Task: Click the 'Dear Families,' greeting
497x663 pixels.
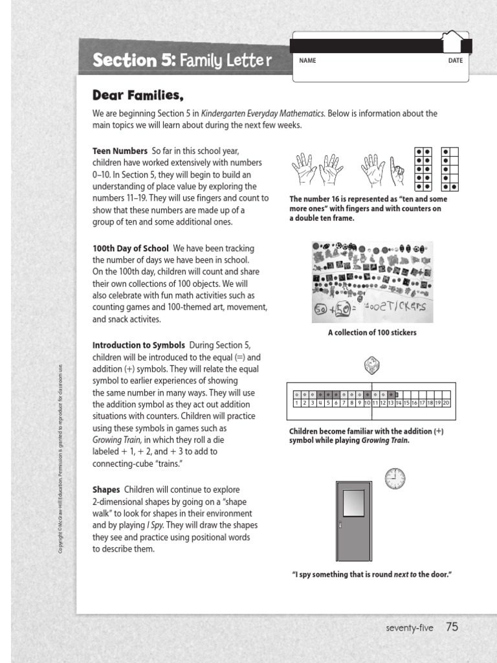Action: coord(138,96)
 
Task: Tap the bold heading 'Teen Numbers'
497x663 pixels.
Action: coord(120,151)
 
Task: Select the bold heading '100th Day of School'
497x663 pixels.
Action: coord(130,249)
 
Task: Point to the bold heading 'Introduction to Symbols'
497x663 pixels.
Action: coord(138,345)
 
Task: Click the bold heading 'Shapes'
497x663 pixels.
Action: coord(106,490)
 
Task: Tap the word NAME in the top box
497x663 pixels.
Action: coord(307,60)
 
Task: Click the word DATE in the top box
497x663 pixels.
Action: coord(455,60)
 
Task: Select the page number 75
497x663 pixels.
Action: coord(452,627)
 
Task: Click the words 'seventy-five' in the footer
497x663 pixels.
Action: coord(410,628)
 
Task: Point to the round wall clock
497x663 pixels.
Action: coord(395,478)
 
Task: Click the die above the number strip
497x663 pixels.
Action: coord(371,366)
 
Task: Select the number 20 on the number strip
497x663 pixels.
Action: coord(446,403)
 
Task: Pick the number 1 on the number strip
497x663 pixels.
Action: coord(296,403)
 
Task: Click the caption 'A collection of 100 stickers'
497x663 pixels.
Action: coord(372,333)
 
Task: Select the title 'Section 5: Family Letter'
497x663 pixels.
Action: coord(182,61)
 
